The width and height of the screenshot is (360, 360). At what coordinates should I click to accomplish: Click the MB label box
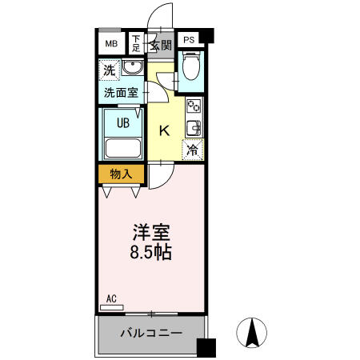click(x=110, y=42)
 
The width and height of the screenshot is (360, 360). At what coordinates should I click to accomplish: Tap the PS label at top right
click(x=189, y=39)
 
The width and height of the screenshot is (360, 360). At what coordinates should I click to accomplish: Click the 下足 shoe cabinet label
click(x=137, y=42)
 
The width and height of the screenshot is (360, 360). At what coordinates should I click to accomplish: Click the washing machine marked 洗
click(x=110, y=70)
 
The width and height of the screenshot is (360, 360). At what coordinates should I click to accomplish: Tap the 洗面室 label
click(x=121, y=92)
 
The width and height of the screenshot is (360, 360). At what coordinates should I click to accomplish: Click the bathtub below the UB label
click(x=122, y=147)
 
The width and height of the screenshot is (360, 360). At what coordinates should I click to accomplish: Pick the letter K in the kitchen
click(x=163, y=131)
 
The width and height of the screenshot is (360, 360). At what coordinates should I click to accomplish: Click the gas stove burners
click(x=194, y=106)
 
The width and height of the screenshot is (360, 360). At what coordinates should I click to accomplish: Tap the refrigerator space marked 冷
click(x=193, y=148)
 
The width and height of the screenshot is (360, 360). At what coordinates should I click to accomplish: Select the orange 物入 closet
click(x=121, y=174)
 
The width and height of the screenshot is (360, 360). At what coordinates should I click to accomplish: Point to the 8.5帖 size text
click(x=150, y=252)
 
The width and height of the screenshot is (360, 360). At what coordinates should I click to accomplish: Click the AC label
click(x=111, y=299)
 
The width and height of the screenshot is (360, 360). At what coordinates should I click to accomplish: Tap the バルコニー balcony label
click(x=151, y=333)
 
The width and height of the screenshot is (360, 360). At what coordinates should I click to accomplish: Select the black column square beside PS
click(x=208, y=37)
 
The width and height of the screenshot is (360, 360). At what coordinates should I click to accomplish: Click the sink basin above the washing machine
click(x=133, y=69)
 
